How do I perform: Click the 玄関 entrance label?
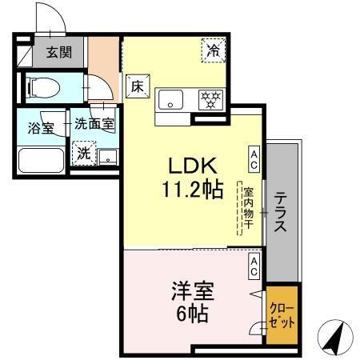[x=57, y=54]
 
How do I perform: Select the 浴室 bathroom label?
[x=40, y=128]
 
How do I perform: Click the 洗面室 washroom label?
[x=94, y=125]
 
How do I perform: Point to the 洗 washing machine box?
[x=84, y=152]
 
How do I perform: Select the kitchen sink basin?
[x=171, y=100]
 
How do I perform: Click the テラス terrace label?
[x=281, y=212]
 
